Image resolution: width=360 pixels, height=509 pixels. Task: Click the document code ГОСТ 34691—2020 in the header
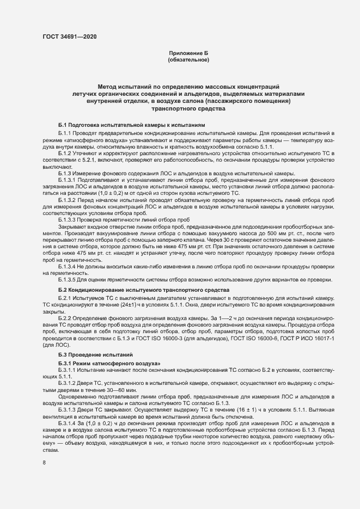pyautogui.click(x=71, y=36)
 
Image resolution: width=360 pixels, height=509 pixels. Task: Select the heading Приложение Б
pyautogui.click(x=188, y=53)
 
